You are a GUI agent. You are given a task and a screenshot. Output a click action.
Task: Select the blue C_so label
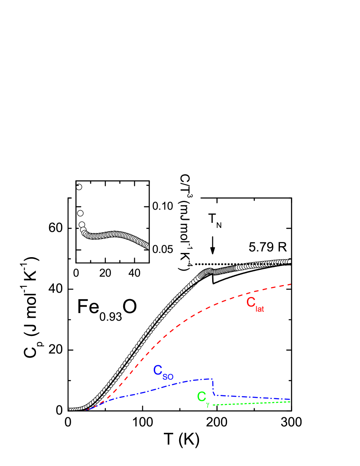(x=163, y=372)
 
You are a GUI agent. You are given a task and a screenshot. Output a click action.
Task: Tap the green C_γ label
(x=203, y=398)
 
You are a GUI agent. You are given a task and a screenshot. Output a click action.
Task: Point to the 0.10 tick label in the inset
(x=163, y=206)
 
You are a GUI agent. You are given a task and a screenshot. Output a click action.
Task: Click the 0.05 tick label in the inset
(x=163, y=249)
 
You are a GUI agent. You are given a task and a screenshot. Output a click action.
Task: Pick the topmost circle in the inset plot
(x=78, y=187)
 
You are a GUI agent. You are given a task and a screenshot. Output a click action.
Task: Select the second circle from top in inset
(x=80, y=213)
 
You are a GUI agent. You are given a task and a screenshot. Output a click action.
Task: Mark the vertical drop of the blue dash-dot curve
(x=213, y=387)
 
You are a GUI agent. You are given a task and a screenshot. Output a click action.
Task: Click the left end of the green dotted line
(x=213, y=405)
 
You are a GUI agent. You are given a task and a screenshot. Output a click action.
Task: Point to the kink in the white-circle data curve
(x=209, y=271)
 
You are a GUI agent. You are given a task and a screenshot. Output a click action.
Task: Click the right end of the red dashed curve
(x=291, y=284)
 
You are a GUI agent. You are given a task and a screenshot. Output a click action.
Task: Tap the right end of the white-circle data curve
(x=290, y=261)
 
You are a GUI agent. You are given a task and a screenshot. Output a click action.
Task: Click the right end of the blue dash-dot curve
(x=290, y=399)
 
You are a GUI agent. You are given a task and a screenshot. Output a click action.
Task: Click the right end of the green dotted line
(x=290, y=401)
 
